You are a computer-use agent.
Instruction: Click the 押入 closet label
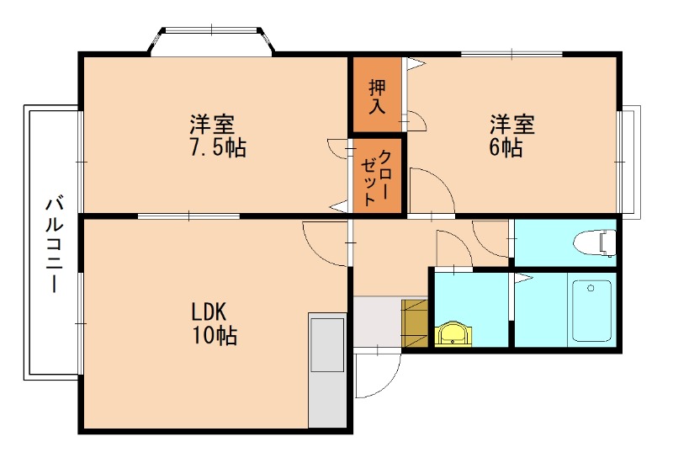coord(376,95)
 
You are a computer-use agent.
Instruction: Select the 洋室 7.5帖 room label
coord(216,137)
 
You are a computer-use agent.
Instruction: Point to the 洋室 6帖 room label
coord(512,137)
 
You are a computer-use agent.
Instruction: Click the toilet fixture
coord(593,242)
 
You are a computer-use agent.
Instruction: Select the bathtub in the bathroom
coord(593,310)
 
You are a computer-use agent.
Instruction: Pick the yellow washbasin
coord(454,334)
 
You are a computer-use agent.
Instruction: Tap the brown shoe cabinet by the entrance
coord(416,322)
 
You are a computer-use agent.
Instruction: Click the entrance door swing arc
coord(377,375)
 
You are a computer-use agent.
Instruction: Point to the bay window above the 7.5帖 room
coord(212,42)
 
